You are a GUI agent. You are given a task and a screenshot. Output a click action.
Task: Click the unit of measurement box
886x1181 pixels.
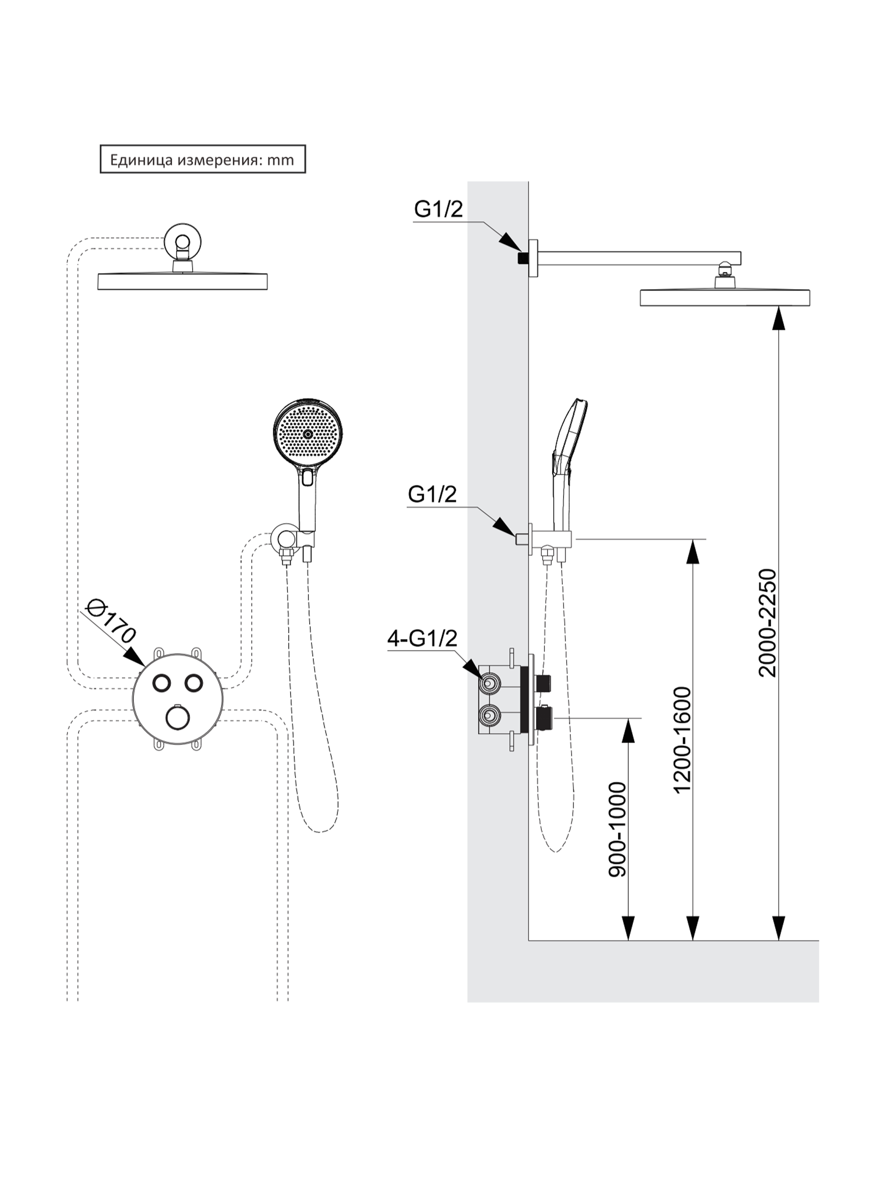pyautogui.click(x=202, y=159)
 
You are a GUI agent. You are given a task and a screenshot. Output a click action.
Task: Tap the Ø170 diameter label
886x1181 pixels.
pyautogui.click(x=111, y=621)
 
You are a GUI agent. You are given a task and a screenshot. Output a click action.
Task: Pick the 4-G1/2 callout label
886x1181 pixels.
pyautogui.click(x=422, y=638)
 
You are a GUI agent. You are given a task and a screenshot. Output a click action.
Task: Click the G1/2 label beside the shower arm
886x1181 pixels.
pyautogui.click(x=439, y=209)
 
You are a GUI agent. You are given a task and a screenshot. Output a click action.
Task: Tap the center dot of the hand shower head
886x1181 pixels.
pyautogui.click(x=307, y=434)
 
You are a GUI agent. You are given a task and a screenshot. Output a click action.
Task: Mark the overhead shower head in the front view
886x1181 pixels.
pyautogui.click(x=182, y=281)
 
